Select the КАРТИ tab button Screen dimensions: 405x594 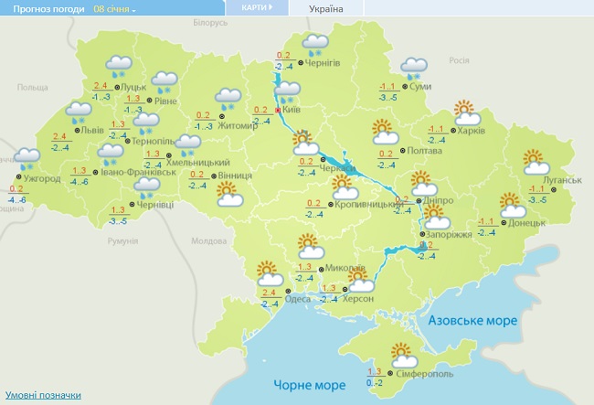click(257, 7)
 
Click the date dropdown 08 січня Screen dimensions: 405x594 click(114, 8)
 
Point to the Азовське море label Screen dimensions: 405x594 click(473, 321)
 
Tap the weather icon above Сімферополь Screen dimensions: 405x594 click(402, 354)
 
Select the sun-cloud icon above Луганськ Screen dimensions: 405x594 click(536, 162)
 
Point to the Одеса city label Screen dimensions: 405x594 click(297, 299)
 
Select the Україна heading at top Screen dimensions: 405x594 click(327, 8)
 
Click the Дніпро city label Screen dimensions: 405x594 click(431, 200)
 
